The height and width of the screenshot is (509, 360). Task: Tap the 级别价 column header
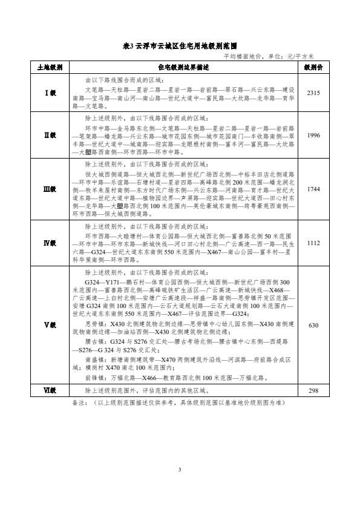pos(313,66)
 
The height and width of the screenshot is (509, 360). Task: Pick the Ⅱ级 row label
pos(50,135)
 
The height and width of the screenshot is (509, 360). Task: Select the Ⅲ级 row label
pos(50,189)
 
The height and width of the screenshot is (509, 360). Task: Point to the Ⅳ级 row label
pos(50,243)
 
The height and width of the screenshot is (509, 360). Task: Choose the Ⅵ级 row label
pos(50,391)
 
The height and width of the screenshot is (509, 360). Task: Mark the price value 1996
pos(313,135)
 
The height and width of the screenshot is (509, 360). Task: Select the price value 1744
pos(313,189)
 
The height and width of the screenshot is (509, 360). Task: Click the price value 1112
pos(313,243)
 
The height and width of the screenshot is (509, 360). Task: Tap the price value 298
pos(313,391)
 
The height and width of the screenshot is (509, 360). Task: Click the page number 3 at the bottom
pos(180,470)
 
